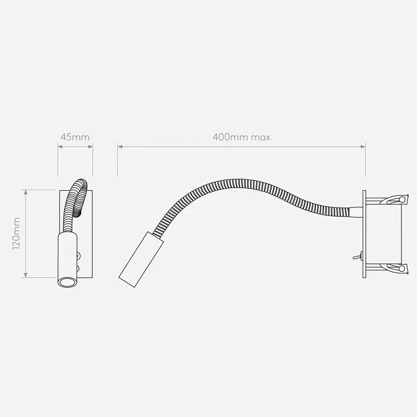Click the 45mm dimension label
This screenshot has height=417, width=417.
(75, 137)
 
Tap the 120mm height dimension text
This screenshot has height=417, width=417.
(16, 233)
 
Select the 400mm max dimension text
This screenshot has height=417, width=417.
(241, 137)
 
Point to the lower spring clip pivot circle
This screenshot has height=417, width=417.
(402, 268)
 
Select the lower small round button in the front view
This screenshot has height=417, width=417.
(79, 268)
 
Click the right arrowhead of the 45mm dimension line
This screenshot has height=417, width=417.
(90, 146)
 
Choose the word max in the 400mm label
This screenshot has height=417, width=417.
(260, 137)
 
